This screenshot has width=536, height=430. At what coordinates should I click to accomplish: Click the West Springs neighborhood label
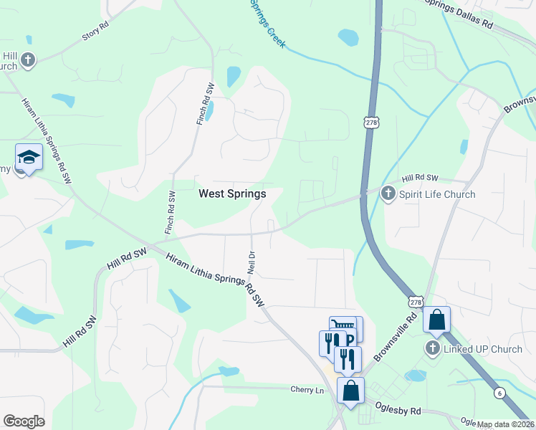[231, 193]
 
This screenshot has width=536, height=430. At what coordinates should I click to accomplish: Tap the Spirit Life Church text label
[437, 194]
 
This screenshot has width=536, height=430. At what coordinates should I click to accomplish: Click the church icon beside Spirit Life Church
[388, 193]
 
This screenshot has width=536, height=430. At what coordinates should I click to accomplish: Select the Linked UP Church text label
[483, 349]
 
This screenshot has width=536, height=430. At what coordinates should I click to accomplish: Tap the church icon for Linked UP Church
[432, 348]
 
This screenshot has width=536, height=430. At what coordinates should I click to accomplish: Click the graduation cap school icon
[29, 157]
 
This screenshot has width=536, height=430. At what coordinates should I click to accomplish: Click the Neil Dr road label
[252, 264]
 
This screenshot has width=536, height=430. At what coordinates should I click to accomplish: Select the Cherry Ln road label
[307, 390]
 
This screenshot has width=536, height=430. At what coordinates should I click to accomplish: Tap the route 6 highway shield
[499, 393]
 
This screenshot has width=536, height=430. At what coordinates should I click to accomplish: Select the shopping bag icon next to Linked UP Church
[436, 320]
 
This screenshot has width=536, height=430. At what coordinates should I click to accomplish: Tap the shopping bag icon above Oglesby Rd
[350, 391]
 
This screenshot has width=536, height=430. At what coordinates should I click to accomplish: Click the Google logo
[24, 421]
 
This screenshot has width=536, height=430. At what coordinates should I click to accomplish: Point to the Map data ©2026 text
[506, 424]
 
